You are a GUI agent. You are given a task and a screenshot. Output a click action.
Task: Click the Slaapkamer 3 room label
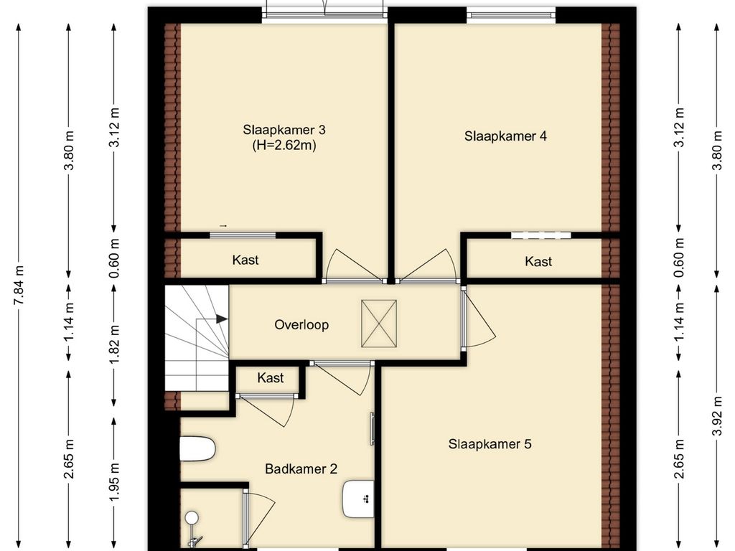284,130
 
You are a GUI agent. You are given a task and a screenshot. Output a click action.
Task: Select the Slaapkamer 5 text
490,444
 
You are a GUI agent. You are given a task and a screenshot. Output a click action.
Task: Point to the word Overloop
301,325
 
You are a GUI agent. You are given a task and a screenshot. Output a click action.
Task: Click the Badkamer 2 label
301,469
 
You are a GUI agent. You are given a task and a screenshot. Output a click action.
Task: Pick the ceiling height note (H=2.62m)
284,145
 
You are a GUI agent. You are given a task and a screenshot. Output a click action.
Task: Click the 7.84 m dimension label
19,285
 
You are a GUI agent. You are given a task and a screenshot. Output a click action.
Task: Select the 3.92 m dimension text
717,415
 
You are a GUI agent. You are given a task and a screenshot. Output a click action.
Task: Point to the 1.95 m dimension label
114,481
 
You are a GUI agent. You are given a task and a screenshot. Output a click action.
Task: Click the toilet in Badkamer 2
197,449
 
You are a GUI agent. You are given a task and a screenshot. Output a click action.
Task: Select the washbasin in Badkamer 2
358,499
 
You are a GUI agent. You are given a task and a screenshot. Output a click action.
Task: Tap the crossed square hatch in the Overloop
379,324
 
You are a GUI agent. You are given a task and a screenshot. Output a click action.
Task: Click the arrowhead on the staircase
223,319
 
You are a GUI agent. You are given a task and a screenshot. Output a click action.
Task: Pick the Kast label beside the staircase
271,377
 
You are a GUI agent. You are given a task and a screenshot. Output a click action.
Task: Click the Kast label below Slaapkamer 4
538,261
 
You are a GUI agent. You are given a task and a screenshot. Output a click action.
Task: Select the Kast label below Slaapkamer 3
245,260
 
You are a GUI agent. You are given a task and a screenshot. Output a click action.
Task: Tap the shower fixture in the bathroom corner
194,530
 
